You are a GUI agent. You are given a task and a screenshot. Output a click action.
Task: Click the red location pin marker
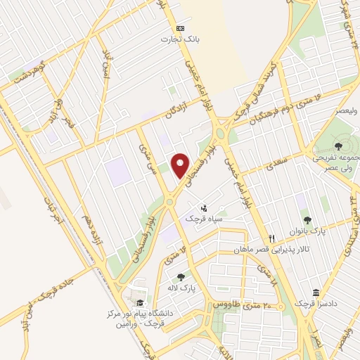[181, 165]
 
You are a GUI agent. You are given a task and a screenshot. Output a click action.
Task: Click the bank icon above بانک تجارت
[179, 27]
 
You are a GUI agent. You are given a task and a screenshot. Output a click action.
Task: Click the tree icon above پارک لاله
[181, 277]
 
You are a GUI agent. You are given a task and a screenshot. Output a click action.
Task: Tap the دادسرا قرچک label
[313, 303]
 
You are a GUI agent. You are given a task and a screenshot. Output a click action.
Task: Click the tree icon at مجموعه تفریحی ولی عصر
[339, 147]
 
